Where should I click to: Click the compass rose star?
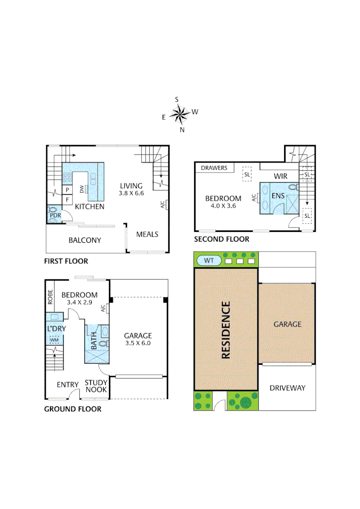coord(179,114)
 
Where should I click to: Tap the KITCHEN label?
coord(90,206)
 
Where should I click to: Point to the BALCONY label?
coord(85,240)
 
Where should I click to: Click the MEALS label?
coord(147,234)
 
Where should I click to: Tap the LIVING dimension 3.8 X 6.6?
coord(131,193)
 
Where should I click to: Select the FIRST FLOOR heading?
coord(66,261)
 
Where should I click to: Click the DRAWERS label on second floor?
coord(214,168)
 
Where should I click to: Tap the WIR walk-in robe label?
coord(281,176)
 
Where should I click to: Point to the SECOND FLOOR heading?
coord(221,239)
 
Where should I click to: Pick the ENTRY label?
coord(67,385)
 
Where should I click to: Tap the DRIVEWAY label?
coord(287,388)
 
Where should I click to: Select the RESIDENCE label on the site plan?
coord(226,330)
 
